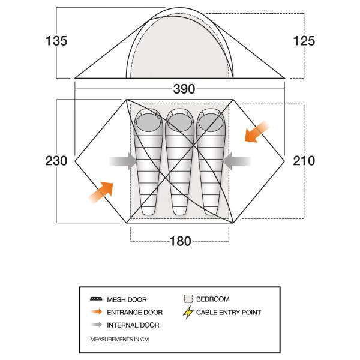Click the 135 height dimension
point(56,41)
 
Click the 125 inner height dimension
point(304,41)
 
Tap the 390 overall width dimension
point(184,89)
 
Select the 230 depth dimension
point(56,160)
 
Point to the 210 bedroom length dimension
point(304,160)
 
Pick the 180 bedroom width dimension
point(180,241)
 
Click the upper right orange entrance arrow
point(256,132)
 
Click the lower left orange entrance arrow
point(101,193)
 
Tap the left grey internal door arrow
point(123,161)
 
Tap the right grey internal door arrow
point(237,161)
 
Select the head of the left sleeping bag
point(148,122)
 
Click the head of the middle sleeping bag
point(180,122)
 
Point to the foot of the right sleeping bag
point(211,209)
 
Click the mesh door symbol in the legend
point(96,299)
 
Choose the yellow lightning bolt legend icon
point(188,312)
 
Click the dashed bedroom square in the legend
point(188,299)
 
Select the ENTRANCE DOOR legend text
point(135,312)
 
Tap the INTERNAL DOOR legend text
point(133,325)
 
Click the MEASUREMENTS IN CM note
point(119,340)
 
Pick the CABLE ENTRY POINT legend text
point(229,312)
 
